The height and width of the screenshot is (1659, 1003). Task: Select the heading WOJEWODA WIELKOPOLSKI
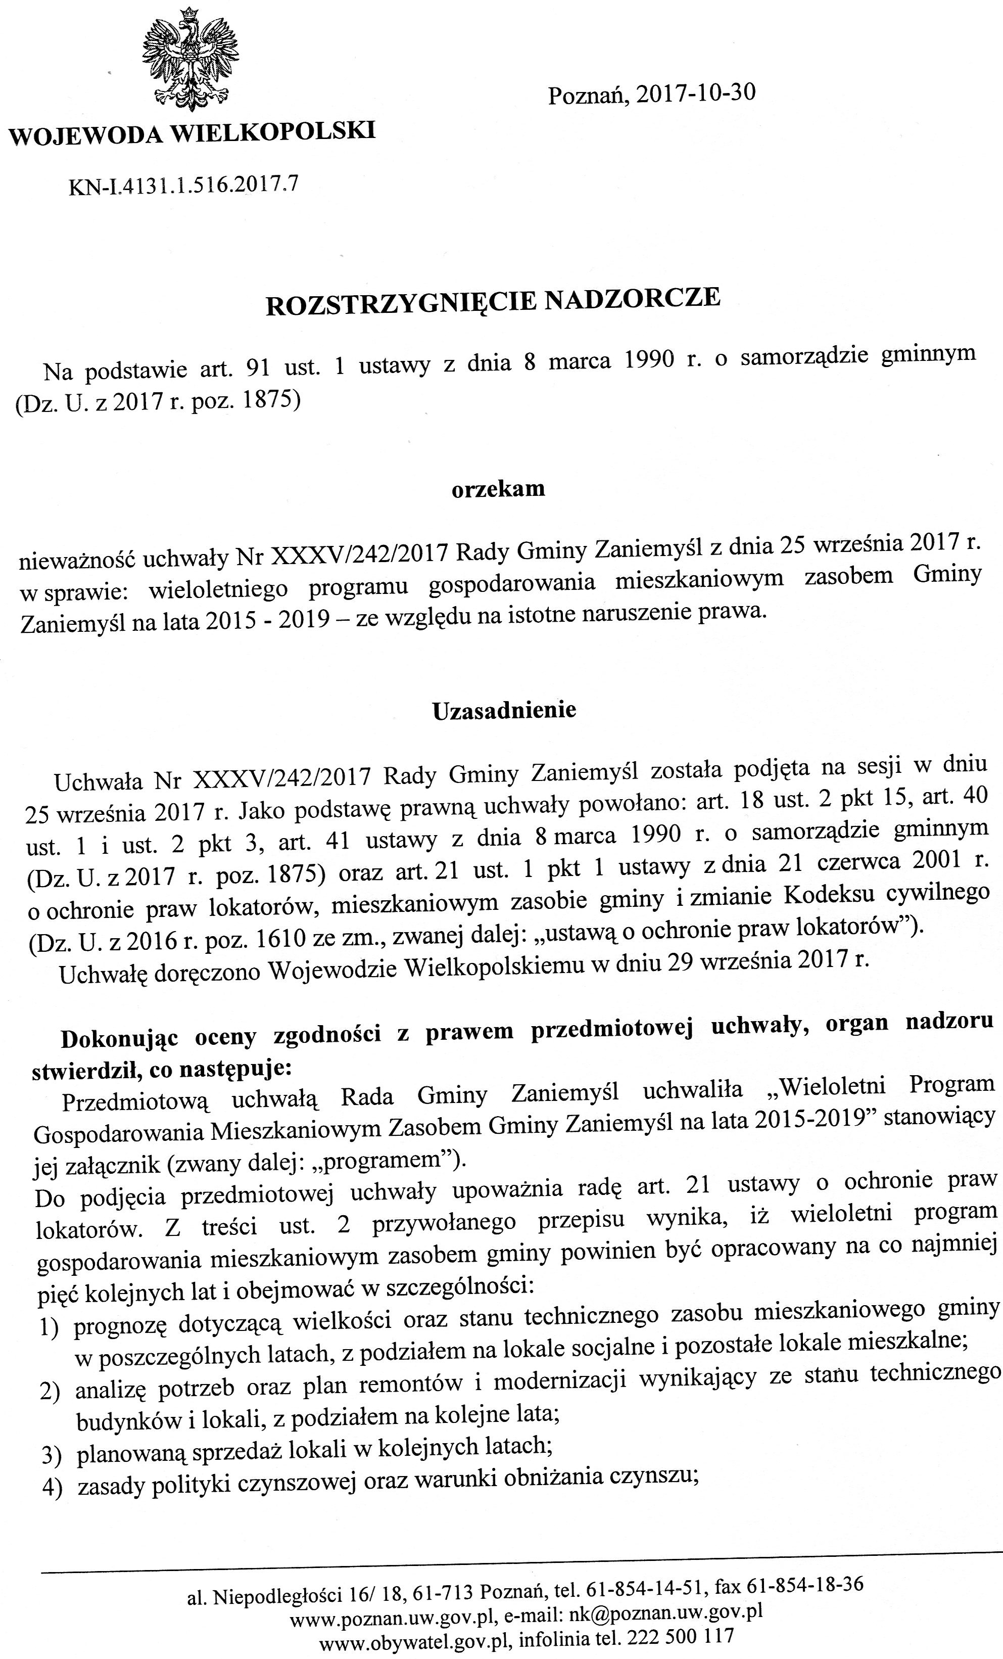coord(192,132)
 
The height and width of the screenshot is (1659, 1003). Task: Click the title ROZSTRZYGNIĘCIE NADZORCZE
coord(494,302)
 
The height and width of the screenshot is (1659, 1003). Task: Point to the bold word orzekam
coord(498,489)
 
